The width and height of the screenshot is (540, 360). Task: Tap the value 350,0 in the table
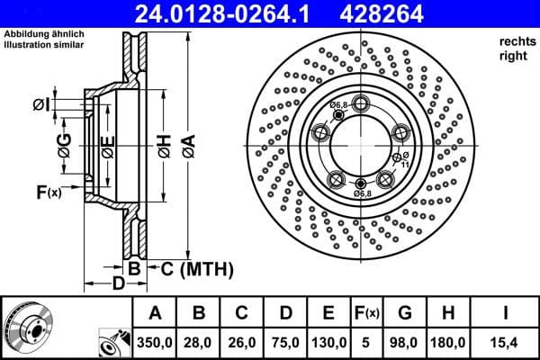point(155,342)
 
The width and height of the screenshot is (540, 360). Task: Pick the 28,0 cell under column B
point(200,342)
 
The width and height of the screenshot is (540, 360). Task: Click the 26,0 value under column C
point(242,342)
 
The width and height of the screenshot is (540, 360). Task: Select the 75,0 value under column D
point(285,342)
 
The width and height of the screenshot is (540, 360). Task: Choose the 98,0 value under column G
point(405,342)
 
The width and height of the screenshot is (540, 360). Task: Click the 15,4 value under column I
point(506,342)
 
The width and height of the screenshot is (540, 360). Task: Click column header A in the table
point(155,313)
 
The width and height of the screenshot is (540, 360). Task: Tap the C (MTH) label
point(196,268)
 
